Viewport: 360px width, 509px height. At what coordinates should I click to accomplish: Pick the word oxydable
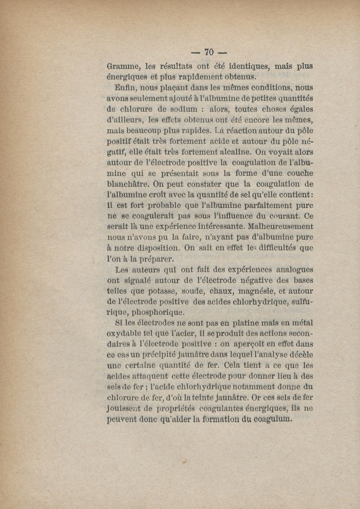pyautogui.click(x=128, y=334)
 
